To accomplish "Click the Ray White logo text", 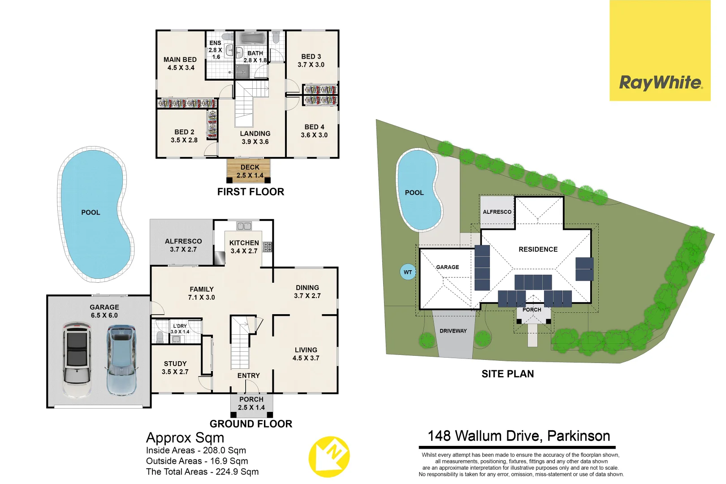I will [660, 83].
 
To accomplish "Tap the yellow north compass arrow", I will [329, 456].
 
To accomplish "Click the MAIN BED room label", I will [180, 60].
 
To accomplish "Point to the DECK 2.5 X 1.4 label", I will [250, 171].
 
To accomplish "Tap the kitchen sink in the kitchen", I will [244, 226].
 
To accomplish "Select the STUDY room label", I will [175, 364].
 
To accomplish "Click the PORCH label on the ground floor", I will [251, 399].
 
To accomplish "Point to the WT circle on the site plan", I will [408, 272].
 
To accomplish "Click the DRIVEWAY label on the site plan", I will [453, 331].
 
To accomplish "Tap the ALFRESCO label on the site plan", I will [497, 212].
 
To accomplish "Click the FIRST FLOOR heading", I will [251, 192].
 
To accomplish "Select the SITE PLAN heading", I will [507, 374].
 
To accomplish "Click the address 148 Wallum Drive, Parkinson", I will [519, 436].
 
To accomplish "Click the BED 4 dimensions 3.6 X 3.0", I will [314, 135].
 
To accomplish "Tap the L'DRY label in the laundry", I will [180, 326].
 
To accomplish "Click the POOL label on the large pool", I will [91, 212].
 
